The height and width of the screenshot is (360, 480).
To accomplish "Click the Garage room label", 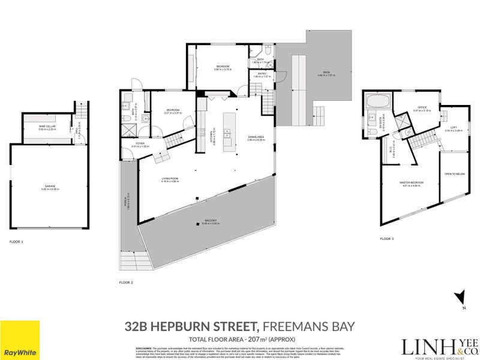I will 49,187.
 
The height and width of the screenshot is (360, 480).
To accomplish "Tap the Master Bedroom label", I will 412,182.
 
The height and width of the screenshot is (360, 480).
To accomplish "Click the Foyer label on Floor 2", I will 139,145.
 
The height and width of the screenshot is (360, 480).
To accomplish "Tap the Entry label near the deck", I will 262,74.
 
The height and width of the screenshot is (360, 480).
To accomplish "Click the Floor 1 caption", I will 16,242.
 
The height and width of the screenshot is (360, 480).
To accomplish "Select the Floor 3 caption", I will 387,239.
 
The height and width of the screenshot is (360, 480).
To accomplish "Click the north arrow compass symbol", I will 460,298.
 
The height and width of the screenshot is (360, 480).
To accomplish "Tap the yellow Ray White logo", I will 20,339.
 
